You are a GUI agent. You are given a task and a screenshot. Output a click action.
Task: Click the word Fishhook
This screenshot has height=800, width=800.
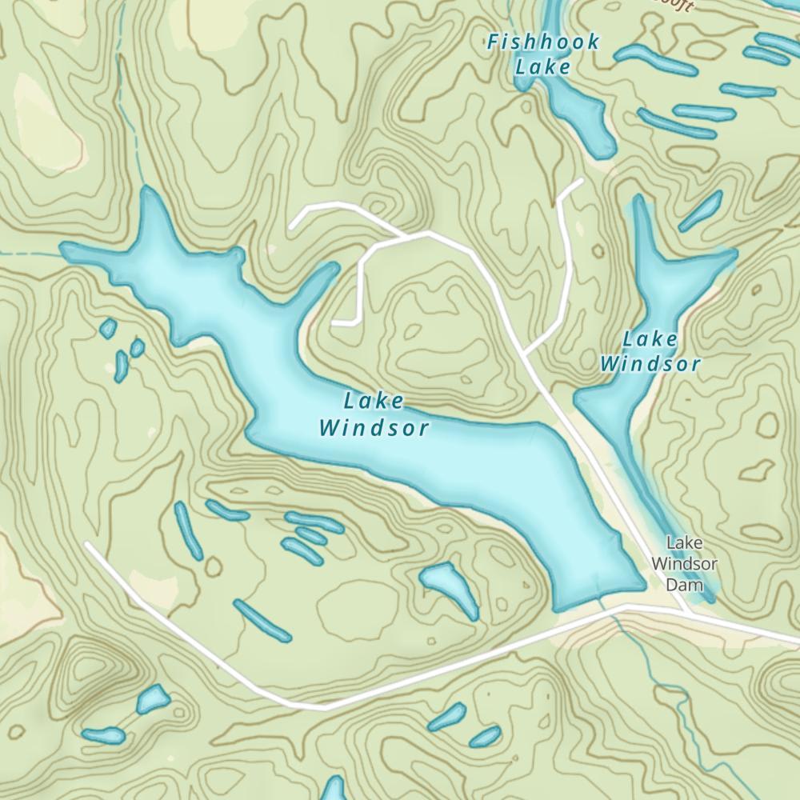click(544, 42)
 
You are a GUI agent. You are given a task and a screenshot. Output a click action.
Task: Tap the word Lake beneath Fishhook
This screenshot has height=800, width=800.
click(543, 66)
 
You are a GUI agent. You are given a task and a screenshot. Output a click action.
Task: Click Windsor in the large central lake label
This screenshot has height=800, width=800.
click(374, 428)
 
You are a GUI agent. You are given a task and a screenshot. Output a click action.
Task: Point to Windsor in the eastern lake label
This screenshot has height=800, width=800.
click(650, 365)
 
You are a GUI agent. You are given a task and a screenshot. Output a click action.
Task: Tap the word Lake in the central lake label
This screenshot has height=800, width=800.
click(374, 401)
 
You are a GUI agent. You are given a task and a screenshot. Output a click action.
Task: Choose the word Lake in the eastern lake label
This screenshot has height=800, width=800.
click(650, 339)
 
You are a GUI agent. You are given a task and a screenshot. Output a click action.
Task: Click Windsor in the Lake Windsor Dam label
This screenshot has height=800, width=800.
click(684, 563)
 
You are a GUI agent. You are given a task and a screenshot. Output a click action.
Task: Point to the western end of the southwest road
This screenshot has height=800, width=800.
click(86, 545)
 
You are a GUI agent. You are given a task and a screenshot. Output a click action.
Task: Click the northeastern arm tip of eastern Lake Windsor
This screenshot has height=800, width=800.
click(732, 254)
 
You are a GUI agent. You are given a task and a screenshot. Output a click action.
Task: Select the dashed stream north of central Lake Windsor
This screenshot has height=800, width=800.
click(128, 120)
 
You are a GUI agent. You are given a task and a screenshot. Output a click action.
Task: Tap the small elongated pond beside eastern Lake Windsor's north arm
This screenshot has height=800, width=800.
click(701, 210)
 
